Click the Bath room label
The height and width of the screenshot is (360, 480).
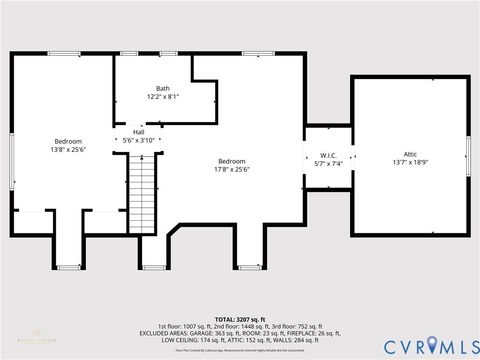tap(163, 88)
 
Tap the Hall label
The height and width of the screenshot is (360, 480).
tap(139, 132)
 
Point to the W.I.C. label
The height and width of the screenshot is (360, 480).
tap(327, 154)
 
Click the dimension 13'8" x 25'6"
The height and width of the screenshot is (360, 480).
tap(68, 150)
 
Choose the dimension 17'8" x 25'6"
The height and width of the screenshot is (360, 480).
tap(233, 169)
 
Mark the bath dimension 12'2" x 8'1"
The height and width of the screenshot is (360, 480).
tap(163, 97)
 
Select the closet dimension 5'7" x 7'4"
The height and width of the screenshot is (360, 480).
tap(327, 163)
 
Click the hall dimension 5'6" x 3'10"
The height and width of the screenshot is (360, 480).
tap(139, 141)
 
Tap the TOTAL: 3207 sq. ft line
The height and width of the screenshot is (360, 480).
tap(240, 318)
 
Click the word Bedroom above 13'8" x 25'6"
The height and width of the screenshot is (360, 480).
tap(68, 141)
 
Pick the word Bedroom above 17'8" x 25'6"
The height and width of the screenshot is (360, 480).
tap(233, 160)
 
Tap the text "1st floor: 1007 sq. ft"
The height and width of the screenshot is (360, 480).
tap(189, 327)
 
